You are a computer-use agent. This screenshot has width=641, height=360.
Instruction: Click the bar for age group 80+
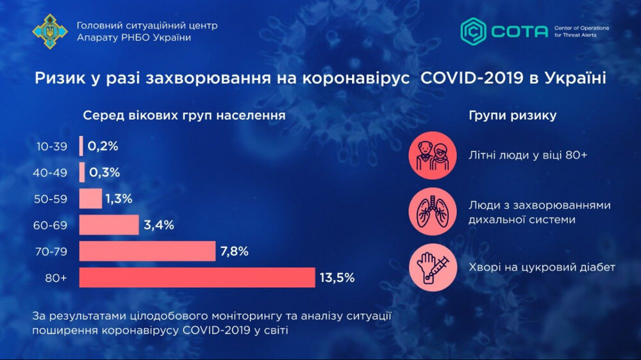pyautogui.click(x=197, y=277)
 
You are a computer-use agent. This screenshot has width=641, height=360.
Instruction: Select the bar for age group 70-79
pyautogui.click(x=147, y=251)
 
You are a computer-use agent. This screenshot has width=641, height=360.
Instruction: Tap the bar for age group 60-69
pyautogui.click(x=109, y=225)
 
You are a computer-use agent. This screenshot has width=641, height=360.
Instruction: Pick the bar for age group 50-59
pyautogui.click(x=90, y=199)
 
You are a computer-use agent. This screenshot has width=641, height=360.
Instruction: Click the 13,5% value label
pyautogui.click(x=337, y=277)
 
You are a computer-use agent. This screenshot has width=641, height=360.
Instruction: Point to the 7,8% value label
pyautogui.click(x=234, y=251)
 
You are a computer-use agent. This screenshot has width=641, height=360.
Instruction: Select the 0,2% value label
pyautogui.click(x=103, y=146)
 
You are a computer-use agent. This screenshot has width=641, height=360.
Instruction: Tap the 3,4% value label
pyautogui.click(x=159, y=225)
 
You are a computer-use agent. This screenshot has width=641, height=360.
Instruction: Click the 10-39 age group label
pyautogui.click(x=52, y=147)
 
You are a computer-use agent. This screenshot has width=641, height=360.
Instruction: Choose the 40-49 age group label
pyautogui.click(x=52, y=173)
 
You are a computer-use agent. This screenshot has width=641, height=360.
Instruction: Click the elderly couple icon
pyautogui.click(x=433, y=156)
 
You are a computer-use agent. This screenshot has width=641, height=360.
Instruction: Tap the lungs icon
pyautogui.click(x=433, y=211)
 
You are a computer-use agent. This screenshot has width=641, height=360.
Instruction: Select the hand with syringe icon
pyautogui.click(x=433, y=267)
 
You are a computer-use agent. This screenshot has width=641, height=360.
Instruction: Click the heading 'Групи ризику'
pyautogui.click(x=512, y=116)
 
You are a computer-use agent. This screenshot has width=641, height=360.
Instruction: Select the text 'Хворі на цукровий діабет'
pyautogui.click(x=542, y=267)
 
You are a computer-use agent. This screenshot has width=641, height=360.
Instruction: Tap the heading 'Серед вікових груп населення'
pyautogui.click(x=184, y=116)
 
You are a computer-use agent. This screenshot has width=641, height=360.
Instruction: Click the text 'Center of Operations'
pyautogui.click(x=582, y=28)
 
